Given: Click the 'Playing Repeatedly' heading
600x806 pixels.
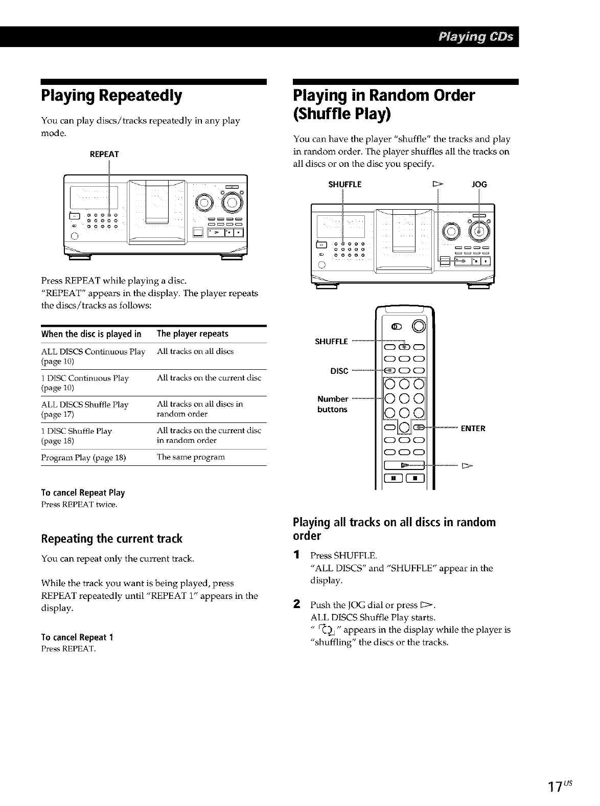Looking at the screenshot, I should [x=111, y=96].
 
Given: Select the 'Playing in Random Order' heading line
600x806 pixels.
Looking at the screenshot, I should [x=384, y=96].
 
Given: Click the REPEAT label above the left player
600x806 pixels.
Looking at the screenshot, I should [x=104, y=154].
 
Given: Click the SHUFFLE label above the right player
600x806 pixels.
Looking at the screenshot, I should [x=344, y=184].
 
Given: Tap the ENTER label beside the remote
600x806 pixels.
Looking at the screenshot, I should [x=473, y=428].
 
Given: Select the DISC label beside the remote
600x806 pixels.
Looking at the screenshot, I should [x=339, y=371].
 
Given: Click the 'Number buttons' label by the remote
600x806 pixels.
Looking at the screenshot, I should [x=332, y=404].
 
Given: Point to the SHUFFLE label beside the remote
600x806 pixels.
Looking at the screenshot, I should [x=332, y=342].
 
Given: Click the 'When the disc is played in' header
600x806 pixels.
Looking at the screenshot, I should [x=91, y=334].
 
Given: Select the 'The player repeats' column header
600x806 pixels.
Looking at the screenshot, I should [x=193, y=334].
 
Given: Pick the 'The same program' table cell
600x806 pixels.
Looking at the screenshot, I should [x=183, y=457].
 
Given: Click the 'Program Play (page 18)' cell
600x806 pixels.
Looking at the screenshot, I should [x=83, y=457].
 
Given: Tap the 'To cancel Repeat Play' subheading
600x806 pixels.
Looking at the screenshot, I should [x=83, y=492].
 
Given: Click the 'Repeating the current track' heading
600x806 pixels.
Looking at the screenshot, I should [x=111, y=539].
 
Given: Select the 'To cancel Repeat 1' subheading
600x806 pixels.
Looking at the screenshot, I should [x=77, y=637].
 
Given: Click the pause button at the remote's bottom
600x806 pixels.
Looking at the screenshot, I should [x=395, y=479].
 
